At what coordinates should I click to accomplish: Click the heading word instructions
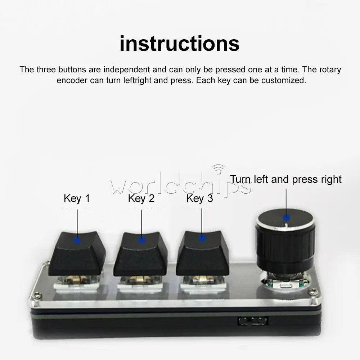pos(180,44)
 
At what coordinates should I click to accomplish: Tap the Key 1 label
pos(77,199)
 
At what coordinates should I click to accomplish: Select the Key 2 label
pos(141,199)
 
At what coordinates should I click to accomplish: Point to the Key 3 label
pos(199,199)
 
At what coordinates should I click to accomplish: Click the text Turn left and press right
pos(285,180)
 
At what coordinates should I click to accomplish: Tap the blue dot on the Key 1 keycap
pos(77,240)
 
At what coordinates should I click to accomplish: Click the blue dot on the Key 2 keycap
pos(141,240)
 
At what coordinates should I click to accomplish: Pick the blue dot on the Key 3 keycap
pos(202,239)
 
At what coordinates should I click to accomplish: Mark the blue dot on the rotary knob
pos(286,217)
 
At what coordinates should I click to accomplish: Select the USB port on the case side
pos(253,321)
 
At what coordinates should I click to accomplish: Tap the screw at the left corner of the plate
pos(37,296)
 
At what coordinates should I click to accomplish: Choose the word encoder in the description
pos(72,81)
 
